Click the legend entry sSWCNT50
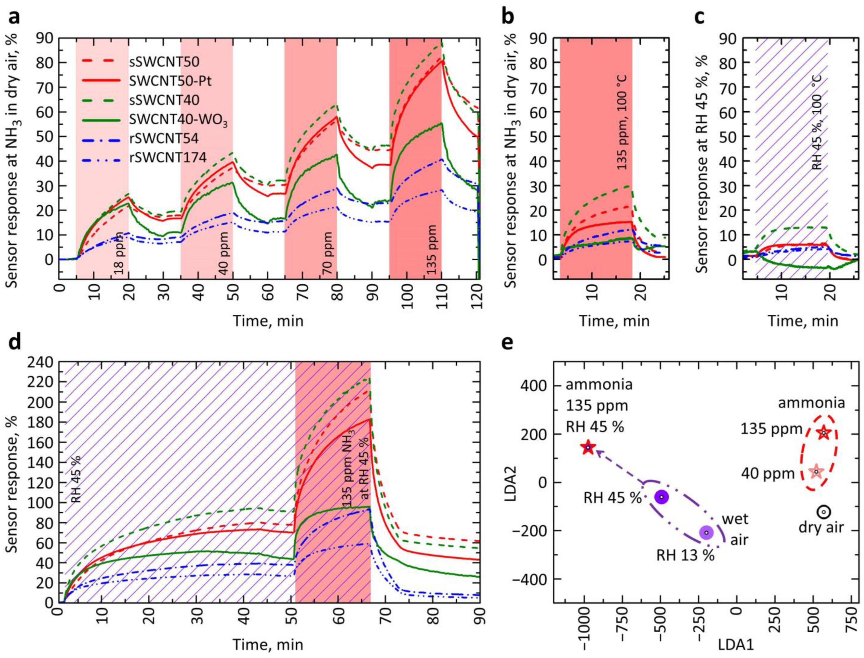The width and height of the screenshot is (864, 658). [x=165, y=62]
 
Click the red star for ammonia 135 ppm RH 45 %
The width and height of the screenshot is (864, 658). [x=588, y=447]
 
